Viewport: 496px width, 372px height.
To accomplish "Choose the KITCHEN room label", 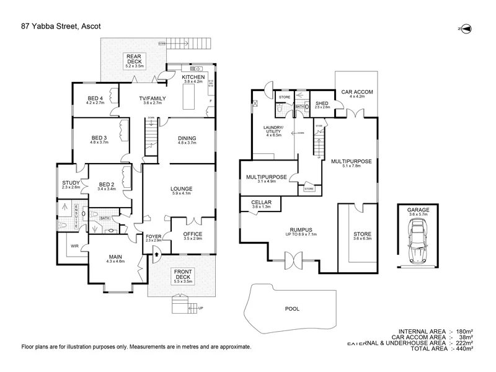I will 193,77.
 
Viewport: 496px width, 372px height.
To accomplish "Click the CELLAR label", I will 261,202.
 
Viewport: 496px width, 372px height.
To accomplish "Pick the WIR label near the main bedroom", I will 76,246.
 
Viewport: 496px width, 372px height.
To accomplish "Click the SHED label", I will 322,103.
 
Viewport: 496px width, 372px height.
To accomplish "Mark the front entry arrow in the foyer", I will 155,254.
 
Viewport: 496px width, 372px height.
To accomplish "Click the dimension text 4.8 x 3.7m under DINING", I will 187,143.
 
